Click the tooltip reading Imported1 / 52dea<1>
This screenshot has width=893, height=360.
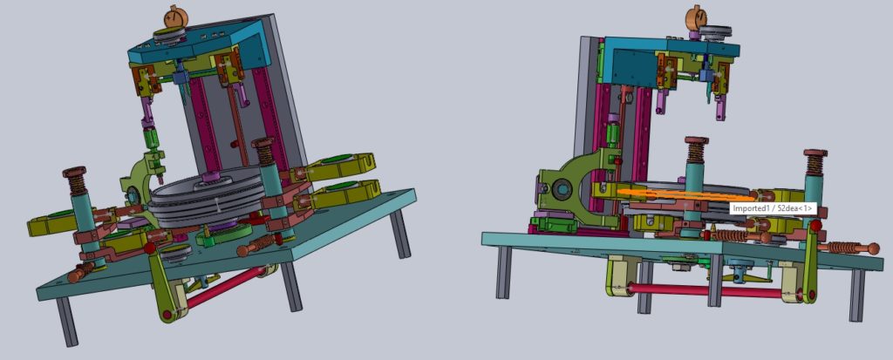(x=774, y=209)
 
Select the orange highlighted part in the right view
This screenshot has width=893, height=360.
(x=684, y=194)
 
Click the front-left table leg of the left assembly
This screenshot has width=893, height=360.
(x=66, y=322)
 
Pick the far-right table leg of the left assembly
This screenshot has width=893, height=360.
(x=399, y=234)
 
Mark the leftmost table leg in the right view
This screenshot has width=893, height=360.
(x=503, y=272)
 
